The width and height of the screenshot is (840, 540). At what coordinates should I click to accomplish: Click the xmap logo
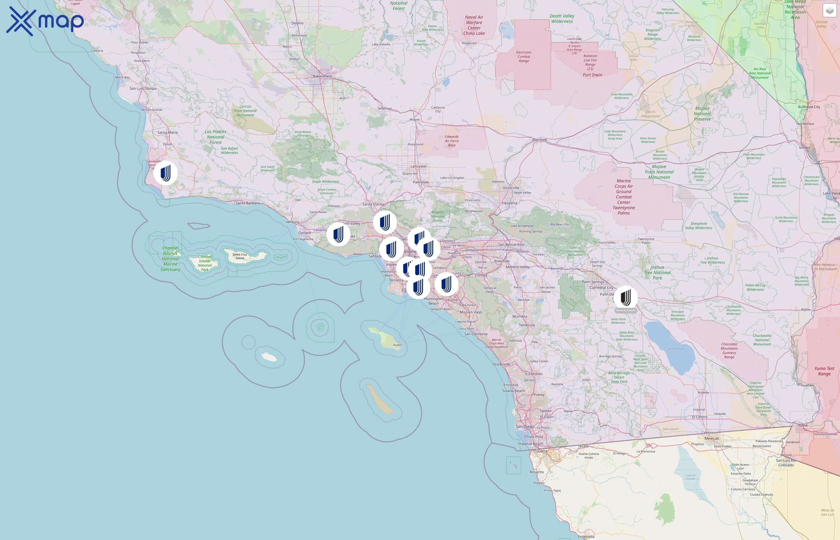(x=45, y=21)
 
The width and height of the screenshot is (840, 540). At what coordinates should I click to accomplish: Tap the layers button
(x=829, y=10)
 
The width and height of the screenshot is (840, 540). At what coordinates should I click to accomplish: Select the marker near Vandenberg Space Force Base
(x=165, y=173)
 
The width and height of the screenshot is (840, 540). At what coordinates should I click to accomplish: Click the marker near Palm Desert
(x=625, y=298)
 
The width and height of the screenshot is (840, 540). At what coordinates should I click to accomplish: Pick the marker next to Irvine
(x=446, y=284)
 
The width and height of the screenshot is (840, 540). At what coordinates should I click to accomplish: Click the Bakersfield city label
(x=322, y=76)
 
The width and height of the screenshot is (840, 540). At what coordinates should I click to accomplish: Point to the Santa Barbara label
(x=247, y=203)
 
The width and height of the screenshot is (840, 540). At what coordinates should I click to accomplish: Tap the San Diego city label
(x=525, y=426)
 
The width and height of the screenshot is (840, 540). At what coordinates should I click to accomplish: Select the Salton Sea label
(x=676, y=349)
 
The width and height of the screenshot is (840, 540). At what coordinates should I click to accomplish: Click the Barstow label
(x=540, y=139)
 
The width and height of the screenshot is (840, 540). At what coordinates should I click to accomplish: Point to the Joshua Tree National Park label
(x=657, y=272)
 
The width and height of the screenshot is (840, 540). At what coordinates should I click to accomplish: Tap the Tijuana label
(x=541, y=451)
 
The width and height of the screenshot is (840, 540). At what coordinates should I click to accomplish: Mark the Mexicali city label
(x=712, y=438)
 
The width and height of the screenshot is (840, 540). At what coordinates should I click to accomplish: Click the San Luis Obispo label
(x=143, y=88)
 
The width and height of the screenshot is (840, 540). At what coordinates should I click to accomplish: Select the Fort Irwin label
(x=592, y=75)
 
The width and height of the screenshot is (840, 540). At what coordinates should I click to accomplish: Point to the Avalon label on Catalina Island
(x=397, y=345)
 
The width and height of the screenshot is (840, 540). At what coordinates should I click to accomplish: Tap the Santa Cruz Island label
(x=240, y=256)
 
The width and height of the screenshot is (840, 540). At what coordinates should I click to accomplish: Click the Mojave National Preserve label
(x=703, y=114)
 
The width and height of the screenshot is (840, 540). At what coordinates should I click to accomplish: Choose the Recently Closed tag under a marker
(x=625, y=310)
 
